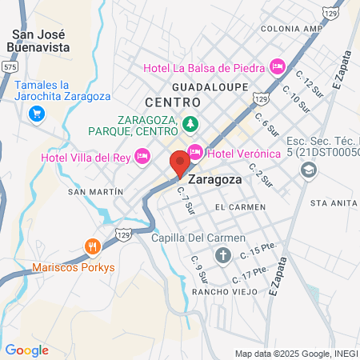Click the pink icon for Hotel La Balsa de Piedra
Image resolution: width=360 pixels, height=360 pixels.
[x=278, y=66]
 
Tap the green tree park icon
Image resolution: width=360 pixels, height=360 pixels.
[x=190, y=123]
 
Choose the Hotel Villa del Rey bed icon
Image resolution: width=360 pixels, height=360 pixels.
[x=142, y=154]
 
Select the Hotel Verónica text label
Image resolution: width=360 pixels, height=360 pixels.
[x=244, y=154]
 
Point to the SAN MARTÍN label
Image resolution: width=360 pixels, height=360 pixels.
[x=95, y=192]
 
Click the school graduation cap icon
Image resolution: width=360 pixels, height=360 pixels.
[x=308, y=170]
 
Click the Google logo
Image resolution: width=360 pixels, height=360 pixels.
[x=26, y=350]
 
